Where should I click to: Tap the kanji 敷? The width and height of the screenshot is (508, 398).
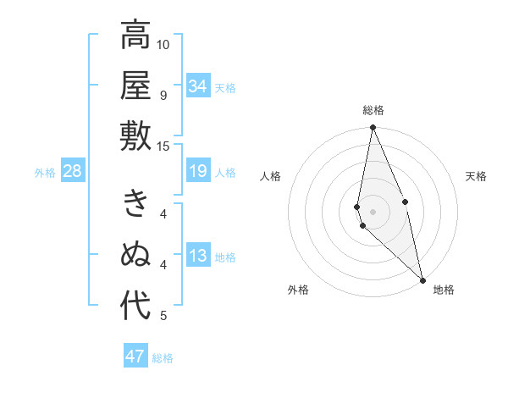pos(135,135)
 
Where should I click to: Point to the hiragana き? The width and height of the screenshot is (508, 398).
pos(135,203)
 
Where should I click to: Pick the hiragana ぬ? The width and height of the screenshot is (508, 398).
pos(135,255)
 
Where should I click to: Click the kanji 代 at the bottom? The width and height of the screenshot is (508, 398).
pos(135,306)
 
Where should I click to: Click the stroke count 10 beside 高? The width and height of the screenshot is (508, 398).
pos(163,44)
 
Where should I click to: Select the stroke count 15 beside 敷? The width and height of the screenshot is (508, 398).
pos(163,146)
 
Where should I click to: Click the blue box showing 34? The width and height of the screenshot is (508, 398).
pos(198,86)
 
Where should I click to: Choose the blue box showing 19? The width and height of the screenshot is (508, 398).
pos(198,172)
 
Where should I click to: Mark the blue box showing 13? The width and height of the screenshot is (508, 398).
pos(198,257)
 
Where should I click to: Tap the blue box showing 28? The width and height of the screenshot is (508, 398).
pos(73,172)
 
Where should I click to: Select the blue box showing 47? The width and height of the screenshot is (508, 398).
pos(135,357)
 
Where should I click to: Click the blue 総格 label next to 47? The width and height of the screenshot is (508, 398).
pos(163,358)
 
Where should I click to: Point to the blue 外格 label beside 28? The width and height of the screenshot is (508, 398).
pos(45,173)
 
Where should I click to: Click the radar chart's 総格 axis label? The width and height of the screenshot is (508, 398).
pos(373,110)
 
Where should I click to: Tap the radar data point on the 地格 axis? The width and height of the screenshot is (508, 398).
pos(422,279)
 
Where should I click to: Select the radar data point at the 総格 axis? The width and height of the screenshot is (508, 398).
pos(373,128)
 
